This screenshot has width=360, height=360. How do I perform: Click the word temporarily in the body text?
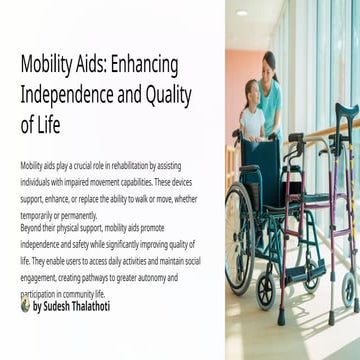(x=36, y=215)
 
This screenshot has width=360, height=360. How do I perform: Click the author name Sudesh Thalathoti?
(x=73, y=306)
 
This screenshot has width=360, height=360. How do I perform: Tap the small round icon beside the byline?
(x=25, y=305)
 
